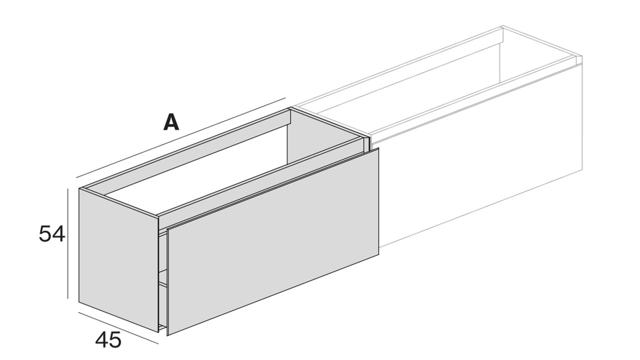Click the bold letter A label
[171, 122]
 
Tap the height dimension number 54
[51, 234]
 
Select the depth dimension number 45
[108, 340]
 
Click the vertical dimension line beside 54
[67, 243]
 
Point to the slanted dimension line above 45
[118, 328]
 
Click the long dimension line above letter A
[181, 137]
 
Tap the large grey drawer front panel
[273, 241]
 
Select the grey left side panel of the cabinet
[118, 260]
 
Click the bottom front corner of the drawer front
[167, 335]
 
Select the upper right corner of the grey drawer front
[378, 148]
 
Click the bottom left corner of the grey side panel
[79, 301]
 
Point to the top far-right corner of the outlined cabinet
[582, 56]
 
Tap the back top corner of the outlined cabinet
[502, 26]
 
